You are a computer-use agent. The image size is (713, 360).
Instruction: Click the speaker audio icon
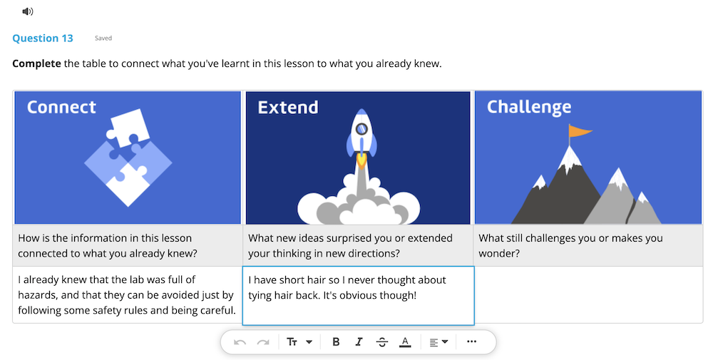27,11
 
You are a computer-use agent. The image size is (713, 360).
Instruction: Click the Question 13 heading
43,38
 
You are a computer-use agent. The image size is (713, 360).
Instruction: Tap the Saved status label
103,38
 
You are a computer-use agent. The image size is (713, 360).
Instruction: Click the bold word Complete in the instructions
36,63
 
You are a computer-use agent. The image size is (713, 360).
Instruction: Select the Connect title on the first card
61,107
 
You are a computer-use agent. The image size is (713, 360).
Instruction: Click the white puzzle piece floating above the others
128,127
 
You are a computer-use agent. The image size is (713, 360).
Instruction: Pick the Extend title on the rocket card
288,108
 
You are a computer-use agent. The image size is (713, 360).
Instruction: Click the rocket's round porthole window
361,129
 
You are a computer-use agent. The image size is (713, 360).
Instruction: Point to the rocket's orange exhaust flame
361,161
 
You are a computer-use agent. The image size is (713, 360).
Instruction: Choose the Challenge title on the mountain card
529,108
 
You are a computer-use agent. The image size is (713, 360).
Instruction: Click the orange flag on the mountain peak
580,131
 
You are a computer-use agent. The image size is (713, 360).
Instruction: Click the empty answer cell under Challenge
588,294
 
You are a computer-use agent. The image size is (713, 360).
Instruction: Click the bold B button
336,341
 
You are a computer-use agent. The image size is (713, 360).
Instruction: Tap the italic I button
359,341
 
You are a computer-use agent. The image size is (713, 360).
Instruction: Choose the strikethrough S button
382,341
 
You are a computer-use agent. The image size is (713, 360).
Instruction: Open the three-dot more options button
471,341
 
